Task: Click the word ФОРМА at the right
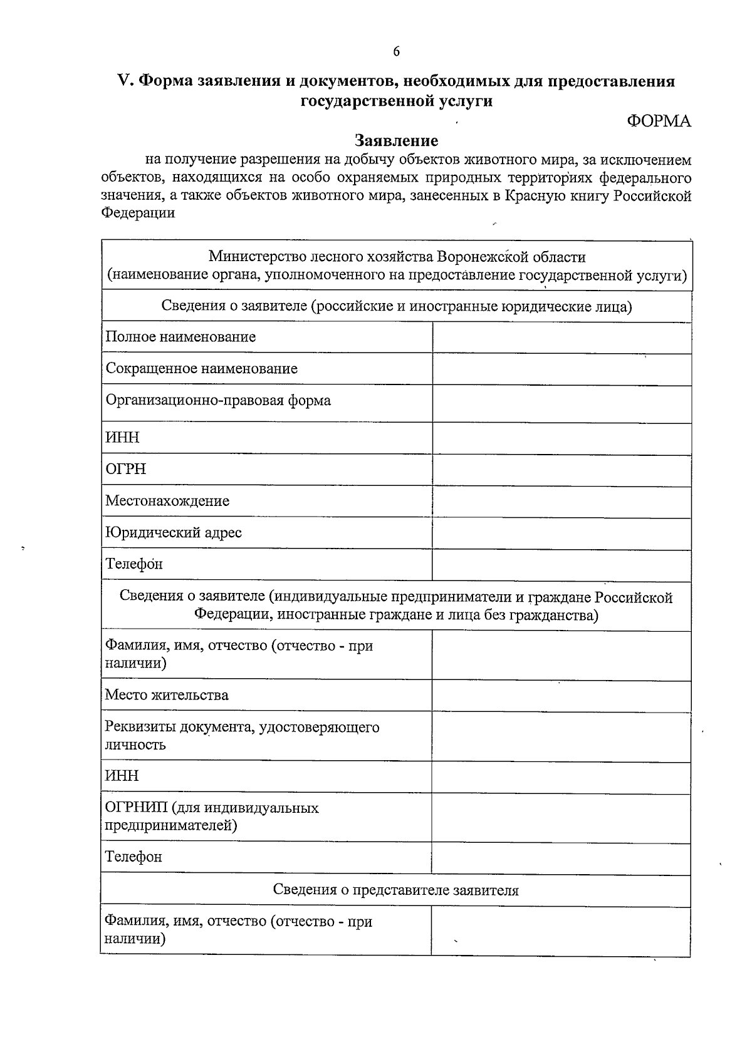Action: [659, 121]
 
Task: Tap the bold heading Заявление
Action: [396, 140]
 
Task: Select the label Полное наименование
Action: [180, 337]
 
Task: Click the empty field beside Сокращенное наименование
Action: [561, 369]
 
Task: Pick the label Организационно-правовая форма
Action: [218, 400]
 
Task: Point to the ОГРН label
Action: [126, 469]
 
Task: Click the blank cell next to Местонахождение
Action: [561, 501]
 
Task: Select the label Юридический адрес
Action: [174, 533]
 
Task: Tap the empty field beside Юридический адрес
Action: [561, 534]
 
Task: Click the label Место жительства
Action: [167, 695]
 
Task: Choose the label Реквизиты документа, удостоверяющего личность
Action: [242, 736]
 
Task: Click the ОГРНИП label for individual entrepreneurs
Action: [212, 817]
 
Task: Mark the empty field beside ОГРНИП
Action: [561, 817]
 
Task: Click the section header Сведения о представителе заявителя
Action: [396, 890]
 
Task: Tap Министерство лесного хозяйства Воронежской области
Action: [397, 257]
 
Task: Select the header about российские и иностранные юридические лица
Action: [397, 306]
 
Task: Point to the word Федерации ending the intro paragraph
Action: [138, 213]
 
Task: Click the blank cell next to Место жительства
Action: [561, 696]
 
